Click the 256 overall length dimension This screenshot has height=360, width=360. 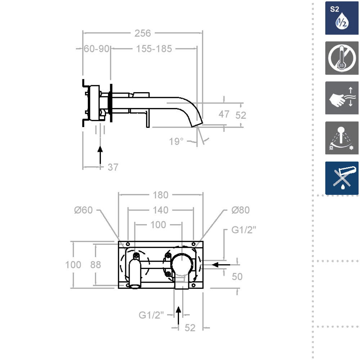coord(143,33)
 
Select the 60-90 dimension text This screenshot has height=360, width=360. coord(96,49)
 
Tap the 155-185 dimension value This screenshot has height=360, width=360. coord(154,49)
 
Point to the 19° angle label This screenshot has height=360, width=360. coord(176,141)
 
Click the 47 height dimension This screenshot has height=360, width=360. coord(224,114)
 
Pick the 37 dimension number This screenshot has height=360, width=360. coord(113,167)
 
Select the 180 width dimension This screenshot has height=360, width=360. coord(161,195)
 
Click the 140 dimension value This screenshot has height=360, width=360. coord(161,210)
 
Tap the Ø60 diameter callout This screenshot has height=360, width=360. coord(84,210)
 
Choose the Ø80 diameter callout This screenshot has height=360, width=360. coord(240,210)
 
